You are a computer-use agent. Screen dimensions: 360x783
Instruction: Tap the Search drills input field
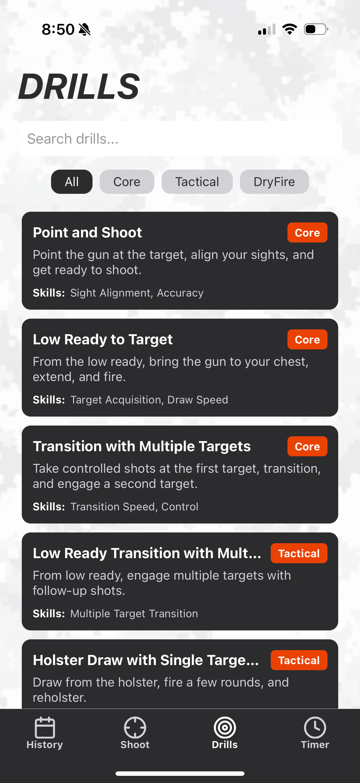point(180,139)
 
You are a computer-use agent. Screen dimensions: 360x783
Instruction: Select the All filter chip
point(72,182)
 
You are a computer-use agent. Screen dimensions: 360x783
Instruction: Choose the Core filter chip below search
point(127,182)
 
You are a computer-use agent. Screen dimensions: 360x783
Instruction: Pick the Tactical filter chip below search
point(197,182)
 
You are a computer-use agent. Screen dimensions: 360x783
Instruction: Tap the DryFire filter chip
point(274,182)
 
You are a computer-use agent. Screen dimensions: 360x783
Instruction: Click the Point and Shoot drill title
point(87,233)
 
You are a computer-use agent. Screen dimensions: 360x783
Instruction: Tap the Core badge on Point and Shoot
point(307,233)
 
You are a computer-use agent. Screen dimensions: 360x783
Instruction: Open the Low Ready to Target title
point(103,340)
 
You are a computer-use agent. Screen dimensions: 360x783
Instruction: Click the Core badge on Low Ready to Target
point(307,340)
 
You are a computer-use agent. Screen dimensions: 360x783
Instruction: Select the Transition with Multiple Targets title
point(141,446)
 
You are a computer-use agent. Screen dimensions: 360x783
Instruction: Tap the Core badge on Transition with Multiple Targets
point(307,446)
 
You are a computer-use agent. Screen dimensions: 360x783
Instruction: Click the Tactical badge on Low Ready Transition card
point(299,553)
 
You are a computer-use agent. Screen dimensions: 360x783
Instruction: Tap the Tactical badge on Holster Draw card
point(299,660)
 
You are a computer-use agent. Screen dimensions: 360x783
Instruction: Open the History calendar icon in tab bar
point(45,728)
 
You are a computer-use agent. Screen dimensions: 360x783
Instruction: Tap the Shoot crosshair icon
point(135,728)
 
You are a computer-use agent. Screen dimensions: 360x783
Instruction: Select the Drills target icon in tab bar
point(225,728)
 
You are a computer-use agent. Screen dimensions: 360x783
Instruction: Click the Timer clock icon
point(315,728)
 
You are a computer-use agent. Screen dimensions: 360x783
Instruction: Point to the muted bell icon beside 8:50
point(84,30)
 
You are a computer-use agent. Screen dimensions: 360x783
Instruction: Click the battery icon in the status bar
point(316,29)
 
